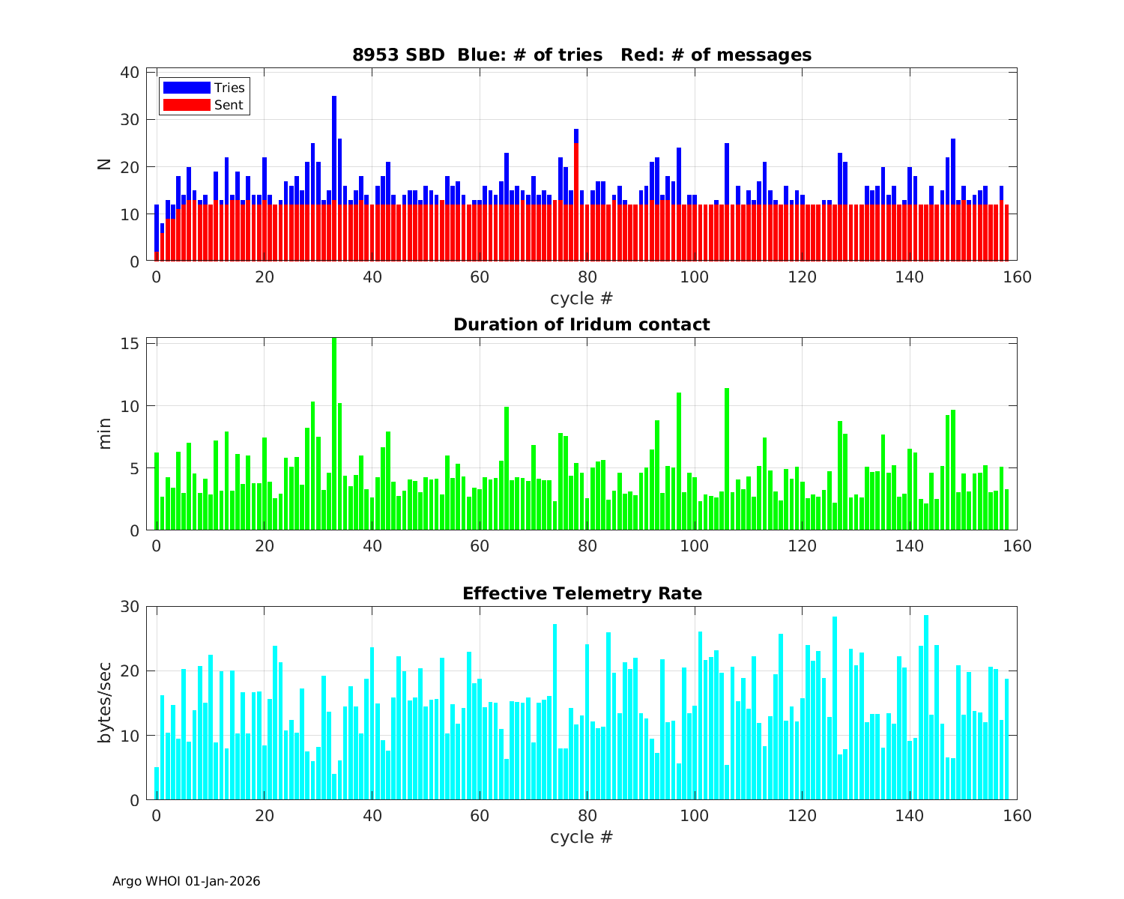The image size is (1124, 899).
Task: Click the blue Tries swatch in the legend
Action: point(187,88)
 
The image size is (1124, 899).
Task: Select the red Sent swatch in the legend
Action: point(187,105)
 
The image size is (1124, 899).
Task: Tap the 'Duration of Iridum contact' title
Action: point(581,324)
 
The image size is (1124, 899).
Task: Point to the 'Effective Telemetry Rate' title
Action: point(581,593)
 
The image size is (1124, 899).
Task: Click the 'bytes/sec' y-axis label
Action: point(105,703)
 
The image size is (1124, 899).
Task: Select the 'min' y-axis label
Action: point(105,434)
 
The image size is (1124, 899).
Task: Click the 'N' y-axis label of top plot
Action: point(104,164)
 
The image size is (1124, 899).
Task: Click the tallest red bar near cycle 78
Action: point(576,202)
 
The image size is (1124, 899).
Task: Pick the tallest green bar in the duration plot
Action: point(334,435)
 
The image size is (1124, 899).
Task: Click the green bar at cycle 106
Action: point(727,458)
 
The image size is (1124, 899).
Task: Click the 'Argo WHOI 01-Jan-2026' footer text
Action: point(186,881)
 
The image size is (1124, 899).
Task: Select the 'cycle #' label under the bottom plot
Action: point(581,836)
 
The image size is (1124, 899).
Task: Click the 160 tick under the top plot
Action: point(1017,276)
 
